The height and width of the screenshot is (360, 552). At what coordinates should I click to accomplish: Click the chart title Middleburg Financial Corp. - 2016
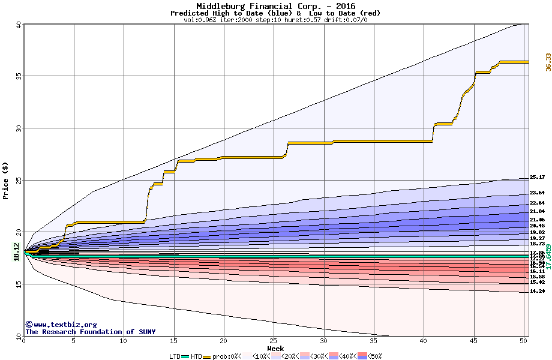[x=275, y=6]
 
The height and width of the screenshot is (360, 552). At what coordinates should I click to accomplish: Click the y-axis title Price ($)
[x=6, y=181]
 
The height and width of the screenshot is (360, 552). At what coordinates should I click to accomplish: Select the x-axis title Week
[x=275, y=349]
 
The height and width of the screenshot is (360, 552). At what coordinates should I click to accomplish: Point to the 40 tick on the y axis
[x=19, y=25]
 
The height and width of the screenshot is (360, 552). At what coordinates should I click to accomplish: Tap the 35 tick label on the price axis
[x=19, y=76]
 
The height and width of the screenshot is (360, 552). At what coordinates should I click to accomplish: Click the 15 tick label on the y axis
[x=19, y=284]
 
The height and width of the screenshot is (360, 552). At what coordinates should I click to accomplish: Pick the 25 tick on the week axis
[x=274, y=341]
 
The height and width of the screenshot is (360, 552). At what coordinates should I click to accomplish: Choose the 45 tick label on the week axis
[x=473, y=341]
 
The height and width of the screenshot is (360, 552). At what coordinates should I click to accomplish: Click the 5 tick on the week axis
[x=73, y=341]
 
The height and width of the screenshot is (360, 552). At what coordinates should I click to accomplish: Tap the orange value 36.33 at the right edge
[x=548, y=62]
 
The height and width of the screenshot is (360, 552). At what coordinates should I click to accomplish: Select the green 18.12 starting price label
[x=16, y=253]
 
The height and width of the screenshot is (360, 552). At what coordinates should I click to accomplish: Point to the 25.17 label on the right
[x=537, y=178]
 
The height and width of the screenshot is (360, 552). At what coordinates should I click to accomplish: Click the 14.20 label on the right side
[x=537, y=292]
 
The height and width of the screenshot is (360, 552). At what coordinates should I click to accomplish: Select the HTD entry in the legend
[x=196, y=356]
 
